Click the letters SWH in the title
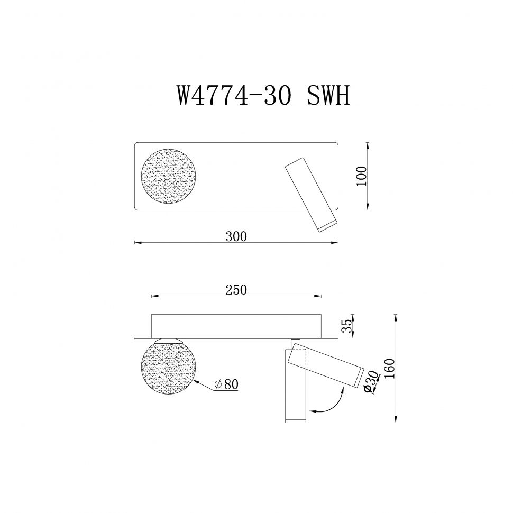click(x=328, y=96)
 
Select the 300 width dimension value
click(x=236, y=236)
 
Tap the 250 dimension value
click(x=236, y=289)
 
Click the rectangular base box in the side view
click(x=236, y=325)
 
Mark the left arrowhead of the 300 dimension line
click(x=137, y=243)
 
